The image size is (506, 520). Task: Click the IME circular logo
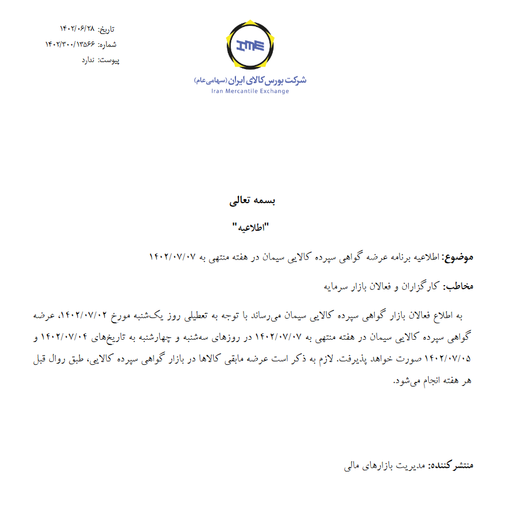click(250, 45)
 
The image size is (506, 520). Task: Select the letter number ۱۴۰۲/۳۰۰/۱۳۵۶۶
click(67, 44)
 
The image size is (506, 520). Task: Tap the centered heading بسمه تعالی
click(253, 200)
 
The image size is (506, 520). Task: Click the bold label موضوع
click(459, 256)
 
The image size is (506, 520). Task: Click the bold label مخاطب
click(458, 286)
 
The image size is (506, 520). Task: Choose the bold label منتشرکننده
click(450, 466)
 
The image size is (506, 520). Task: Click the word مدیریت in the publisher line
click(408, 466)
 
